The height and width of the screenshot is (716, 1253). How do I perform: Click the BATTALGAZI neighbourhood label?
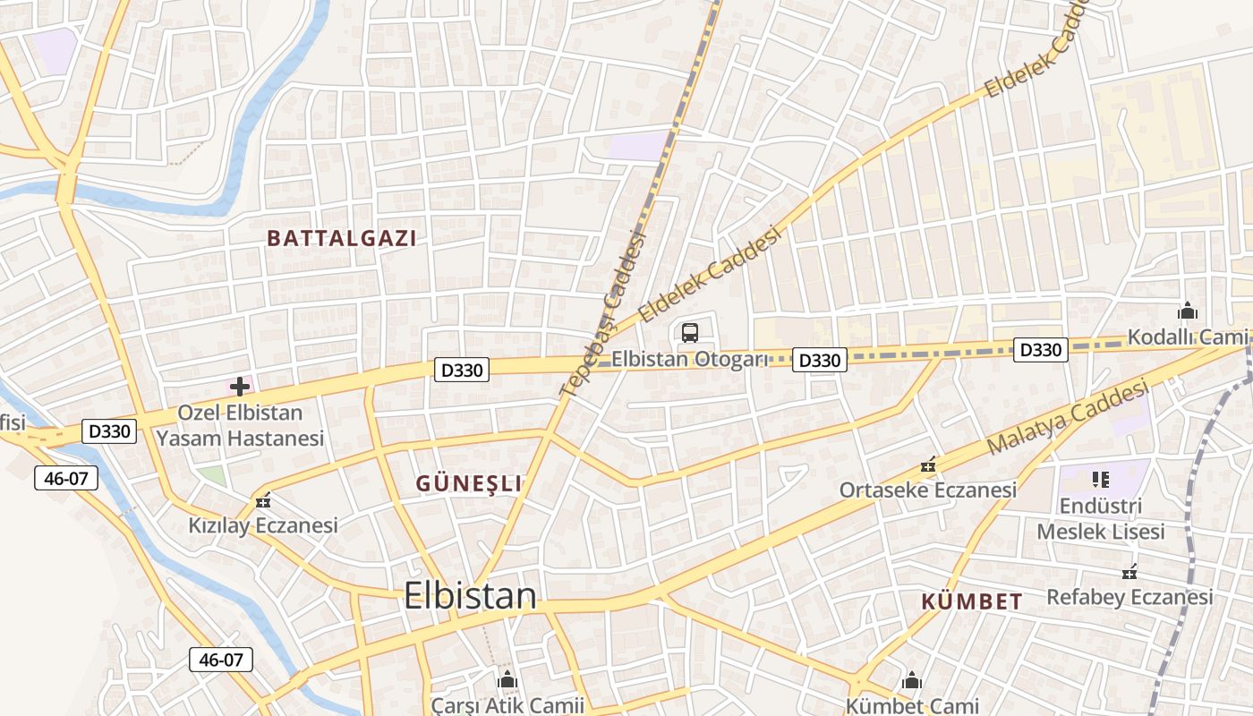(x=342, y=238)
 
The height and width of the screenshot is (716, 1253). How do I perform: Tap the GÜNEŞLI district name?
(x=468, y=483)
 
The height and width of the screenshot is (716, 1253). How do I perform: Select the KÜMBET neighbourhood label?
(x=972, y=601)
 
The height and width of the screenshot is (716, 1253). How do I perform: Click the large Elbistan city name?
(x=470, y=596)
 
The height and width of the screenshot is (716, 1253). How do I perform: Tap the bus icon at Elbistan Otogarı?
(x=689, y=333)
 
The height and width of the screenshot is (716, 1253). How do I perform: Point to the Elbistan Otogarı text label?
(x=690, y=360)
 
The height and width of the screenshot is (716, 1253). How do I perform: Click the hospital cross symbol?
(x=239, y=387)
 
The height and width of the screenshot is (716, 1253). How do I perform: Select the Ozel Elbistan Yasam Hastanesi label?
(x=240, y=426)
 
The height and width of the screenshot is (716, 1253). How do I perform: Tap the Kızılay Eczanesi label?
(x=263, y=525)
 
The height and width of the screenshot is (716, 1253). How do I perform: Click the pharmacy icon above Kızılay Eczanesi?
(x=262, y=501)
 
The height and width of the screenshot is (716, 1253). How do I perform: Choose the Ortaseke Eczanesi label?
(x=927, y=490)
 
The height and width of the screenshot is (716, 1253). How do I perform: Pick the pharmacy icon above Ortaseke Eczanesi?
(x=928, y=465)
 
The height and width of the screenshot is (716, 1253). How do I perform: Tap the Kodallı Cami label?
(x=1187, y=337)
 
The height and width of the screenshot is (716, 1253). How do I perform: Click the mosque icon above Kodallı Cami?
(x=1188, y=311)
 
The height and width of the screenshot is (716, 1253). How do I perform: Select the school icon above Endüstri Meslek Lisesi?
(x=1100, y=480)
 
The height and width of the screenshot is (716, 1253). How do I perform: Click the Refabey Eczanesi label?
(x=1129, y=597)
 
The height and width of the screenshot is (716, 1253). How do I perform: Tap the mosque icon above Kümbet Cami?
(x=912, y=681)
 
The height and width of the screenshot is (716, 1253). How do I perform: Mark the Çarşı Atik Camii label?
(x=507, y=705)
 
